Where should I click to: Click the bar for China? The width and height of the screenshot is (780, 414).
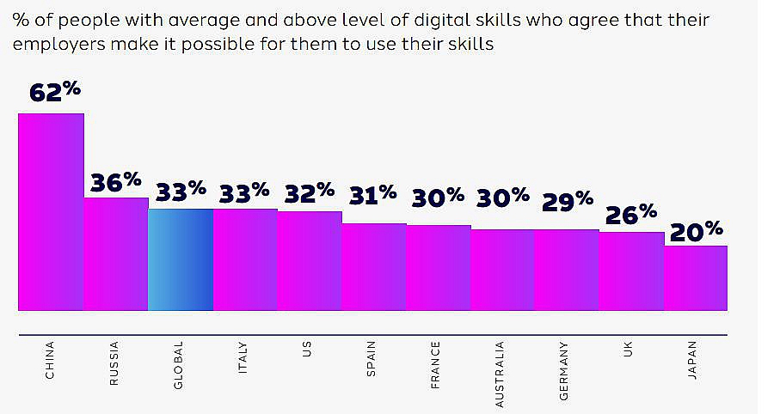coord(52,211)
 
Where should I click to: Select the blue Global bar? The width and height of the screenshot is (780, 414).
coord(181,259)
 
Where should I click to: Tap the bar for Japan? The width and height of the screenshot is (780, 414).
coord(696,278)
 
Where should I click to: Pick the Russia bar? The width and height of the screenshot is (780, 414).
coord(116,254)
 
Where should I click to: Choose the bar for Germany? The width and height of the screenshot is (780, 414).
coord(567,270)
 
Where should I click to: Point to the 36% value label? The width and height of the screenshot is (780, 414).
coord(116,182)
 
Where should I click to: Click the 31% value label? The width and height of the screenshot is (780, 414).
coord(372,195)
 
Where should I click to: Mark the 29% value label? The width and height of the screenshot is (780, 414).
coord(567,200)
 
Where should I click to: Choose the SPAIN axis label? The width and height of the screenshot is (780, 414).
coord(372,360)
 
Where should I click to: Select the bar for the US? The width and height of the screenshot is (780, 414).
coord(310,260)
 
